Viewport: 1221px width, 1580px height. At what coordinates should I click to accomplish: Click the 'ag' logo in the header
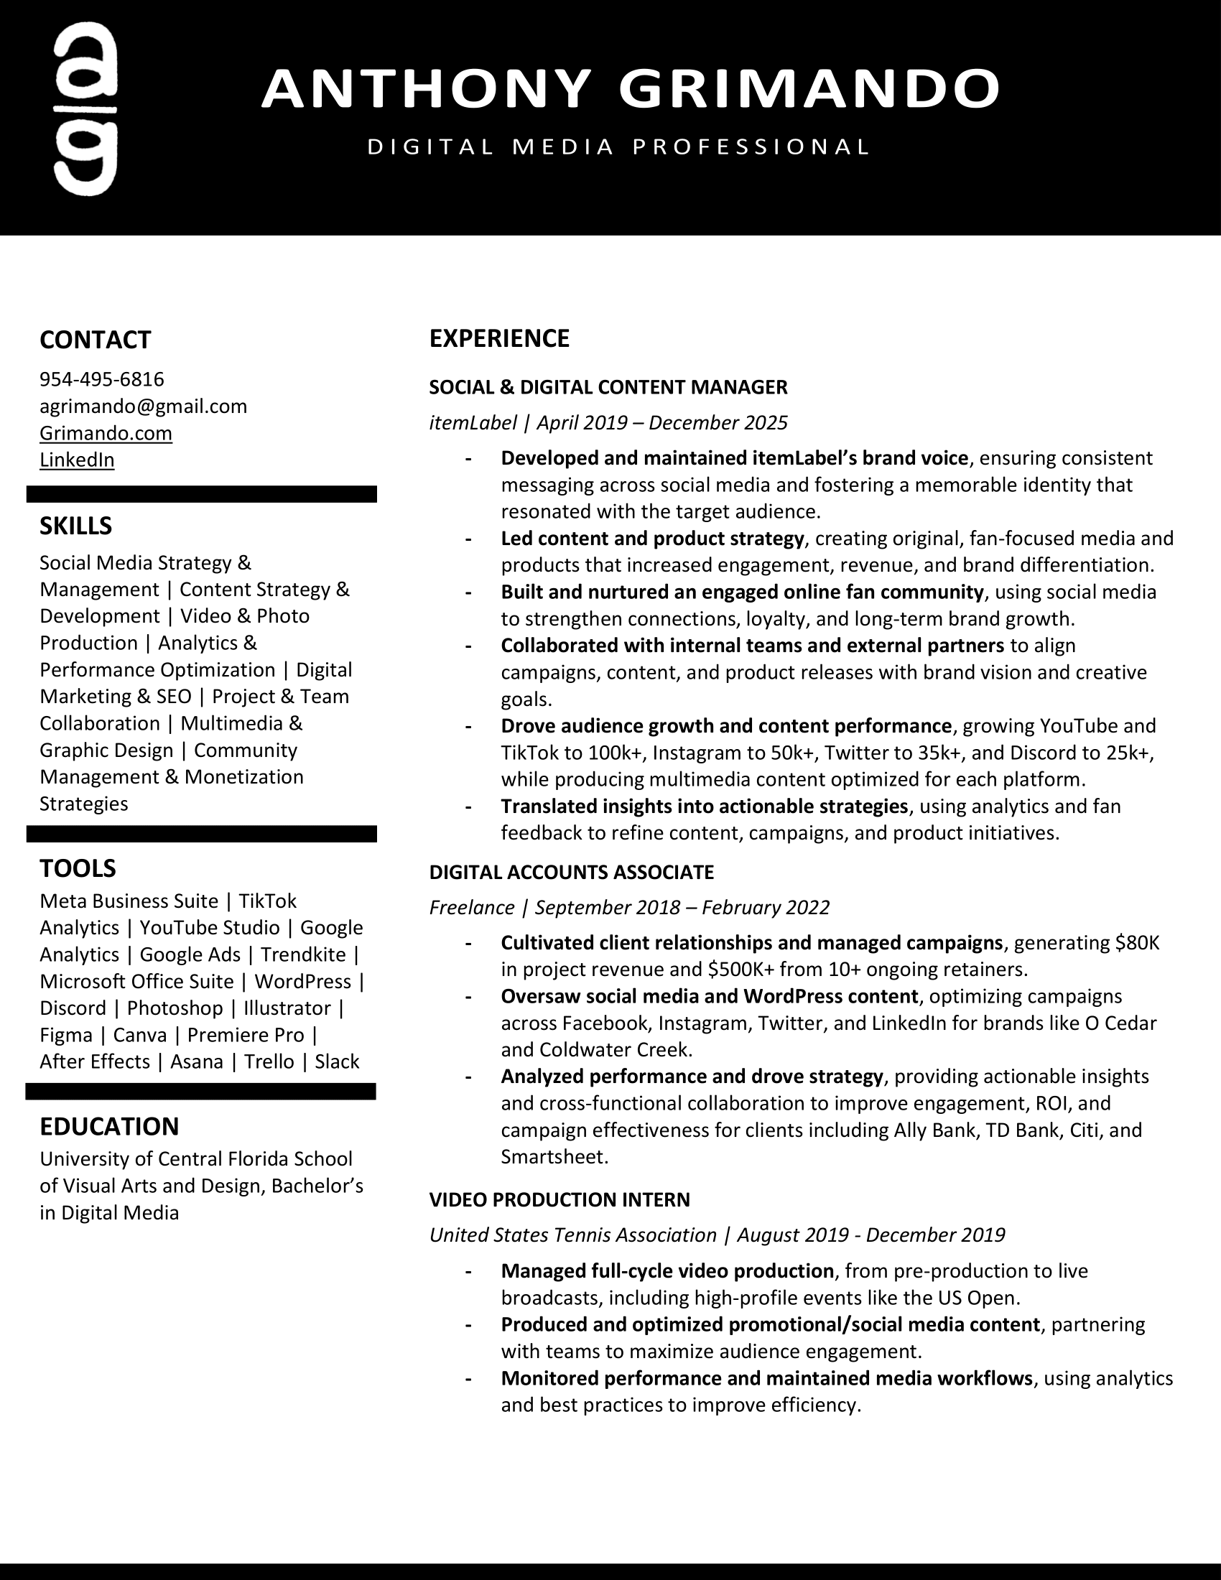coord(85,109)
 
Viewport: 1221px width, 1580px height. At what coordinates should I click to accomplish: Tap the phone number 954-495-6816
coord(102,379)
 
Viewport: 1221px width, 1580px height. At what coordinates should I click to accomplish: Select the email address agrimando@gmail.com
coord(143,406)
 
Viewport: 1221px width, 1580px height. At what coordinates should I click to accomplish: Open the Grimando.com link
coord(106,432)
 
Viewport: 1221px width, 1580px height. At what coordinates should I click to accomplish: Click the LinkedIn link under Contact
coord(77,460)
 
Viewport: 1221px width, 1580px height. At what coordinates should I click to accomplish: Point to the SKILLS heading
coord(76,526)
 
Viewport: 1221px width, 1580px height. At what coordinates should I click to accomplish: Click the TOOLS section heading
coord(78,868)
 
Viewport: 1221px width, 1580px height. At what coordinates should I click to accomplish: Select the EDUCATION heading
coord(109,1126)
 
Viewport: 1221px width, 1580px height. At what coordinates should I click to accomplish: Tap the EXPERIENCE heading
coord(499,338)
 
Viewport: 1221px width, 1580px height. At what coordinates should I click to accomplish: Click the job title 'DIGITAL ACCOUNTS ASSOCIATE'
coord(572,872)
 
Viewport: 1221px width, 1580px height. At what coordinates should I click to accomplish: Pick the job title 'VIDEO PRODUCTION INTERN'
coord(559,1199)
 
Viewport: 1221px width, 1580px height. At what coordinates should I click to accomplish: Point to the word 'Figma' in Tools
coord(66,1034)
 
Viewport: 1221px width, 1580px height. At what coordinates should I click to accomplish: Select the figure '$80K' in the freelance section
coord(1137,943)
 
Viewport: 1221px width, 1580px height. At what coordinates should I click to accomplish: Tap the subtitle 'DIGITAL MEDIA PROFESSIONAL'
coord(618,147)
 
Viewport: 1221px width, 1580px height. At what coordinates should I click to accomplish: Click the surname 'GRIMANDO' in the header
coord(809,88)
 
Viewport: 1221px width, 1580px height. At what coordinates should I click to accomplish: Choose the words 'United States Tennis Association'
coord(573,1235)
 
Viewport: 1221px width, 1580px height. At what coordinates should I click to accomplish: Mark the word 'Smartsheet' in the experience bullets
coord(554,1157)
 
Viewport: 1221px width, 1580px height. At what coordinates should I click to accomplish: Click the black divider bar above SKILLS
coord(202,494)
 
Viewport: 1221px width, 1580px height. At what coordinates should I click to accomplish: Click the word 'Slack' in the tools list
coord(337,1061)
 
